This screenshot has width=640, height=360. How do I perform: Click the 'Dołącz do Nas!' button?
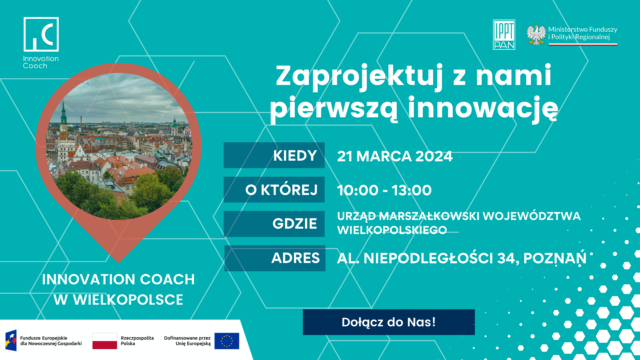389,322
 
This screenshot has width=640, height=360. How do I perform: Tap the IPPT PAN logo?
504,35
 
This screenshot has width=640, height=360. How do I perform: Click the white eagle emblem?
536,35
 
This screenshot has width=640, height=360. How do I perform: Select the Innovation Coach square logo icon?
41,35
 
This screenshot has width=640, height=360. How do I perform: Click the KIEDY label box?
274,155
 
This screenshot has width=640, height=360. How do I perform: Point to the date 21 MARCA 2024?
395,156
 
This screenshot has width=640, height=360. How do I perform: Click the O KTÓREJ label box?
274,190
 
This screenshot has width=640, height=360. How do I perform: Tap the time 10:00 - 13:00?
384,190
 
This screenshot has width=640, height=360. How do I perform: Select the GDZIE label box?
274,224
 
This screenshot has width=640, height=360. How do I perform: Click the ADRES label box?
275,258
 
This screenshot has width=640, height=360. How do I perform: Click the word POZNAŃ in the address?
555,258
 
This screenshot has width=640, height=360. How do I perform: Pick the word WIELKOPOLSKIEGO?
392,230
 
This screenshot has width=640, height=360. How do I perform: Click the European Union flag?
227,341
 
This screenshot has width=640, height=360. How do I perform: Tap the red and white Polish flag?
105,341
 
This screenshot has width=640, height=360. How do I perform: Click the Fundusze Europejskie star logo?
11,341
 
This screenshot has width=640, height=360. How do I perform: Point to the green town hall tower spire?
63,113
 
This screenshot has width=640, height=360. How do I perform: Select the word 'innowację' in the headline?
483,108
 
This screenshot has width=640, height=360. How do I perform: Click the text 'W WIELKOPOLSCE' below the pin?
118,300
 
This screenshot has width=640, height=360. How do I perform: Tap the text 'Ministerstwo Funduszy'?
583,29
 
